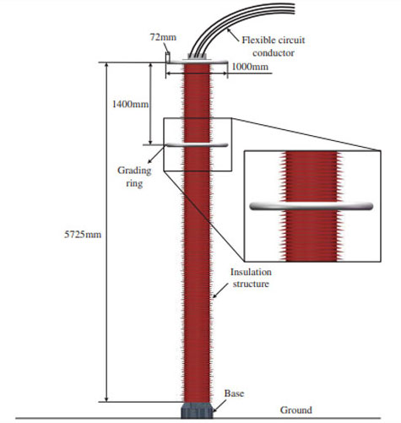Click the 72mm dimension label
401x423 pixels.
pyautogui.click(x=163, y=37)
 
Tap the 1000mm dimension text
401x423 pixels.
pyautogui.click(x=250, y=67)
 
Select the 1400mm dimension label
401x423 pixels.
pyautogui.click(x=130, y=105)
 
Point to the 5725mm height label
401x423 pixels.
pyautogui.click(x=83, y=234)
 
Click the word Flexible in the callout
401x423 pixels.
pyautogui.click(x=257, y=40)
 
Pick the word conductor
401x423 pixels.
pyautogui.click(x=274, y=53)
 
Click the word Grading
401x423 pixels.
pyautogui.click(x=134, y=171)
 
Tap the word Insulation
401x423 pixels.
pyautogui.click(x=251, y=272)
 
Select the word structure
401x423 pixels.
pyautogui.click(x=251, y=284)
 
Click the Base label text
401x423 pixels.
pyautogui.click(x=234, y=393)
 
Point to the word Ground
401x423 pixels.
pyautogui.click(x=296, y=410)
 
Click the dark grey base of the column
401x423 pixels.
pyautogui.click(x=197, y=410)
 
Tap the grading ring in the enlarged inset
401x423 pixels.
pyautogui.click(x=312, y=206)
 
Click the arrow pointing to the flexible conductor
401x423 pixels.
pyautogui.click(x=234, y=35)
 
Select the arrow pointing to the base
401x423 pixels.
pyautogui.click(x=219, y=406)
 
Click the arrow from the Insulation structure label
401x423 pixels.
pyautogui.click(x=220, y=290)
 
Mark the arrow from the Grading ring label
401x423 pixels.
pyautogui.click(x=156, y=155)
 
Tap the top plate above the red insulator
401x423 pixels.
pyautogui.click(x=197, y=61)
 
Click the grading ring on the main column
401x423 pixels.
pyautogui.click(x=197, y=145)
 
